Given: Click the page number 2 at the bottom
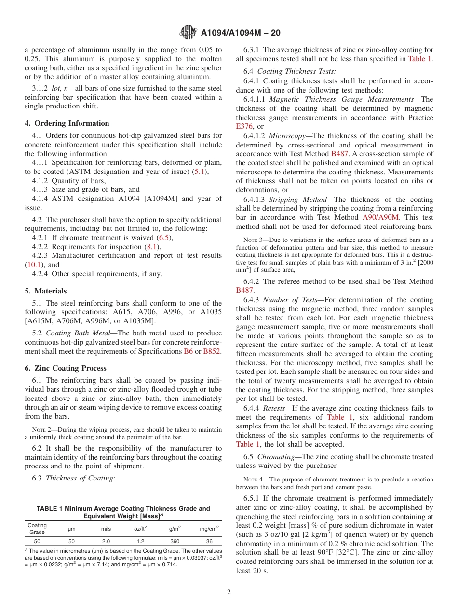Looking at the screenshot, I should tap(229, 592).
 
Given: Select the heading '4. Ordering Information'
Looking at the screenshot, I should tap(67, 123).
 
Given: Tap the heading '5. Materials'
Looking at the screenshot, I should tap(46, 291).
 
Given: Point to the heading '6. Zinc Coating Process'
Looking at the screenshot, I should tap(66, 368).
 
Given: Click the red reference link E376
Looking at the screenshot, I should tap(244, 126).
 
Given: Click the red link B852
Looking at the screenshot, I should tap(212, 351).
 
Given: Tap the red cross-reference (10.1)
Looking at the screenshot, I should tap(34, 265).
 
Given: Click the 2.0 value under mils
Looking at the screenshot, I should tap(106, 541).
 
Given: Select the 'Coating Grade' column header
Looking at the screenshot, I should tap(37, 529).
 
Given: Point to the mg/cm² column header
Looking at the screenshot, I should tap(209, 529).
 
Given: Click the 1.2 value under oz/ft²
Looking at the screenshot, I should tap(140, 541).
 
